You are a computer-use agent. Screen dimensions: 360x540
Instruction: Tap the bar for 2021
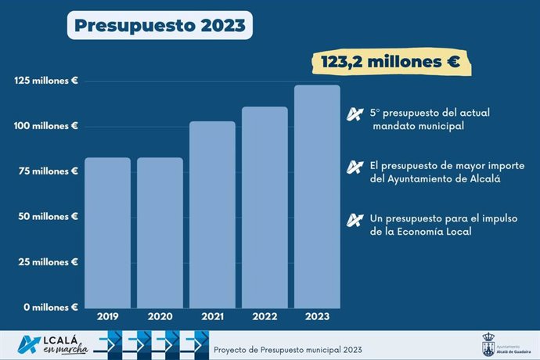point(212,214)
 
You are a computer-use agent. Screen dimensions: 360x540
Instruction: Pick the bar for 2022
point(265,207)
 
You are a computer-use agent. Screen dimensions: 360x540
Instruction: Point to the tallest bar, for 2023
point(317,196)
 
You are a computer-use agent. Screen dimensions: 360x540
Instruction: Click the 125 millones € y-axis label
point(46,81)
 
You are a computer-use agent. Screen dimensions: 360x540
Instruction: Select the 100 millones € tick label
point(46,126)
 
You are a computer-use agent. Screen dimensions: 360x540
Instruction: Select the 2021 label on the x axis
point(212,318)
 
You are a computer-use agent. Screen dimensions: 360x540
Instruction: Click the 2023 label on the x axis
point(317,318)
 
